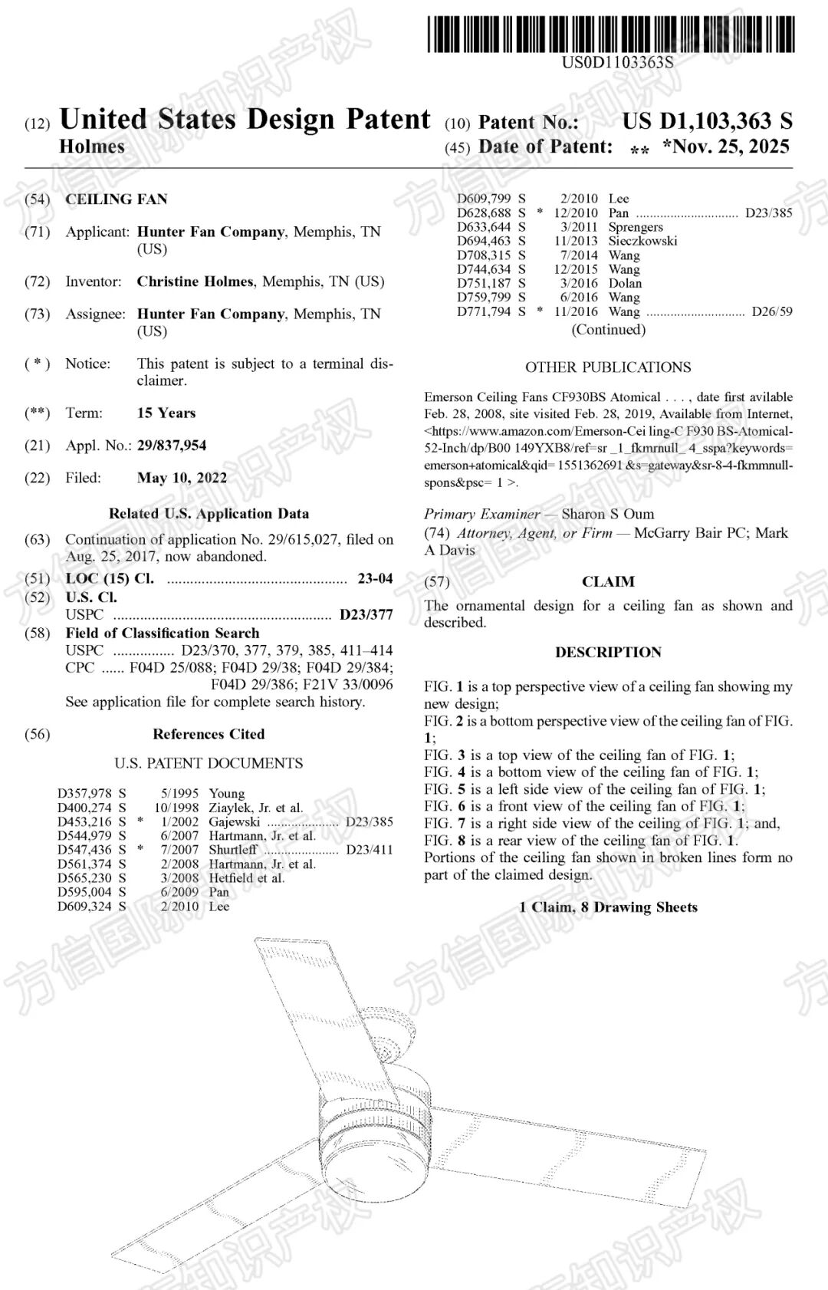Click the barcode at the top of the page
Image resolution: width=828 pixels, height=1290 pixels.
(x=611, y=34)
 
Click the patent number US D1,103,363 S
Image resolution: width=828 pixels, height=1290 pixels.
(x=707, y=121)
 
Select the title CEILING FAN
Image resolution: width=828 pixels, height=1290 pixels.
(x=116, y=199)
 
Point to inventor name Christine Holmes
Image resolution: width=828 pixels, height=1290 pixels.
(x=195, y=281)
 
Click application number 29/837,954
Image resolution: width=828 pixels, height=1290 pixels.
(x=172, y=446)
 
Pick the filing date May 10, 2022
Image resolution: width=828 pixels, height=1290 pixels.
(x=182, y=478)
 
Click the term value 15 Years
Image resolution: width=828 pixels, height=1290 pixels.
(x=166, y=413)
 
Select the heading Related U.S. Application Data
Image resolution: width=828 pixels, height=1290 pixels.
(x=209, y=514)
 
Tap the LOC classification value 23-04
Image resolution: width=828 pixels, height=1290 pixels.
(x=375, y=578)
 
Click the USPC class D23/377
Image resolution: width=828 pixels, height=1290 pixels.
(x=366, y=614)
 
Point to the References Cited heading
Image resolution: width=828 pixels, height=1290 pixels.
(x=209, y=734)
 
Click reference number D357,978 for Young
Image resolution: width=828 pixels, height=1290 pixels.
(x=84, y=793)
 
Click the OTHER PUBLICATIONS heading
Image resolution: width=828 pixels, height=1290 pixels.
(x=608, y=367)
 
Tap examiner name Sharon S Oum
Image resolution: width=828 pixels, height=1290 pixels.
(x=608, y=514)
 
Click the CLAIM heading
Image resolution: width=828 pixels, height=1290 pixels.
(x=608, y=581)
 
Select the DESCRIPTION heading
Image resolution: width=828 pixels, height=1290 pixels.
(x=608, y=652)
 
